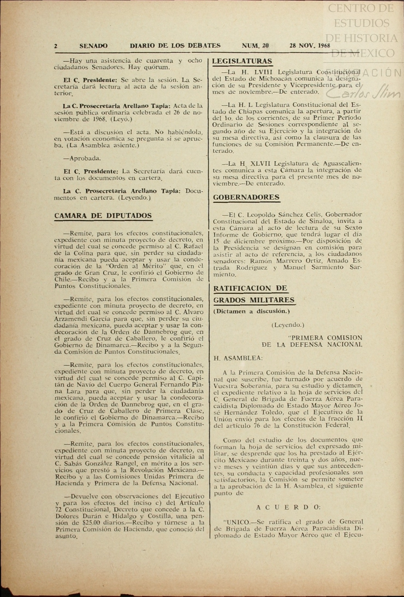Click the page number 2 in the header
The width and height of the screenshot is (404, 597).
click(x=56, y=46)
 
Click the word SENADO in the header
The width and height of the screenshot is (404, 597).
click(x=93, y=46)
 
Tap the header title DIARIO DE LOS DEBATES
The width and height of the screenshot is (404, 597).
click(x=175, y=46)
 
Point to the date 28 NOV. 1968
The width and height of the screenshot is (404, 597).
click(x=310, y=46)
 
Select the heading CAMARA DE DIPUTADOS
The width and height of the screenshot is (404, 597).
click(x=103, y=216)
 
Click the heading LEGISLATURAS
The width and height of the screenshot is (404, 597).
click(x=242, y=61)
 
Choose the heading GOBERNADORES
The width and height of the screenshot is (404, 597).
click(x=246, y=197)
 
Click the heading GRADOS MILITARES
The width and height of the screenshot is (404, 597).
click(x=254, y=300)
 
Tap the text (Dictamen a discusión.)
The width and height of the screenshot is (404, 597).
click(x=252, y=312)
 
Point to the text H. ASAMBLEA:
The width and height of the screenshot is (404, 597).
click(x=238, y=358)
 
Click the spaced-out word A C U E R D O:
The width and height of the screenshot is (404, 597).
click(x=289, y=507)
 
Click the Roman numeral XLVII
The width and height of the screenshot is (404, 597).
click(x=260, y=164)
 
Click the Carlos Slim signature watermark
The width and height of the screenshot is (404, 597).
click(x=363, y=93)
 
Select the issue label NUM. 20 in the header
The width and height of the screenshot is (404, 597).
click(x=255, y=46)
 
